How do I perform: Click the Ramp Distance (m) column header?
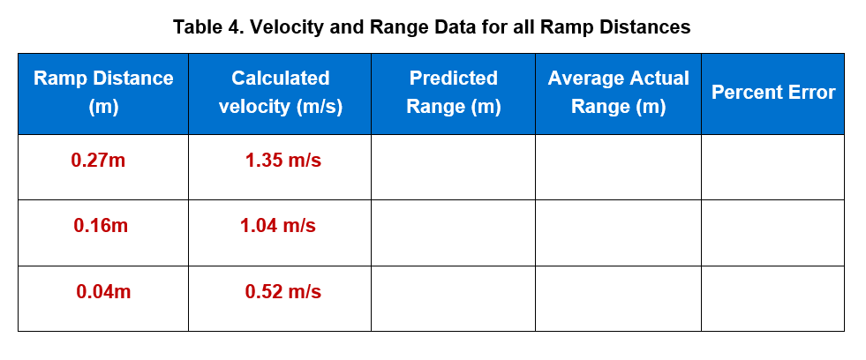click(x=103, y=93)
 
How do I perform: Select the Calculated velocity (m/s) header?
click(x=280, y=93)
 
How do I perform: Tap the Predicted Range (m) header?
click(x=453, y=93)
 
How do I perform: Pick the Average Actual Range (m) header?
click(x=618, y=93)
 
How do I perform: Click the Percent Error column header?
click(x=773, y=93)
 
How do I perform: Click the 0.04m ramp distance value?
click(x=103, y=292)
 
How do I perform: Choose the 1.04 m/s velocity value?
click(x=278, y=226)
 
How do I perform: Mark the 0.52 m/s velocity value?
click(x=282, y=292)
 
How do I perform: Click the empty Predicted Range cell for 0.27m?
click(x=453, y=167)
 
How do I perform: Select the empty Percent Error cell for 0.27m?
click(x=772, y=167)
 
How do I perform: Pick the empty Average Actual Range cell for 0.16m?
click(x=618, y=233)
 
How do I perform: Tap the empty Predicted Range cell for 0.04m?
click(x=453, y=298)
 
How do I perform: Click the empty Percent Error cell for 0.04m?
click(x=772, y=298)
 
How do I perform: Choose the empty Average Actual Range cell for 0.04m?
click(x=618, y=298)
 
